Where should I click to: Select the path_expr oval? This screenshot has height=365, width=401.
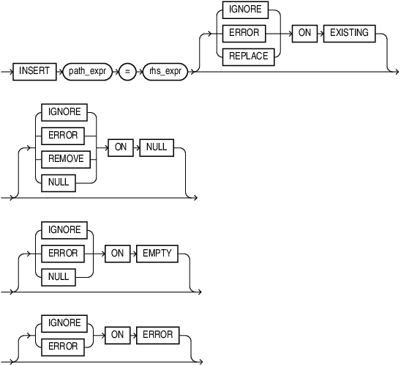[88, 72]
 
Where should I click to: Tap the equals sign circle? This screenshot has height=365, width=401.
[126, 72]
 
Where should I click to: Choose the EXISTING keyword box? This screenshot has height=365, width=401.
[349, 33]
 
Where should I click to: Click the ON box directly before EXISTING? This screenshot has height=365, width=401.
[304, 33]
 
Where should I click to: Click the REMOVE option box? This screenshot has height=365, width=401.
[64, 158]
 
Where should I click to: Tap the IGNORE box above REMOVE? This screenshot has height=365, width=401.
[64, 112]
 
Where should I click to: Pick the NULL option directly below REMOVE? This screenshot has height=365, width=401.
[59, 182]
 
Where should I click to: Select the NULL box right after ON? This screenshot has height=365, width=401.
[157, 147]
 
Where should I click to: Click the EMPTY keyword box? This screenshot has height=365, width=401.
[158, 253]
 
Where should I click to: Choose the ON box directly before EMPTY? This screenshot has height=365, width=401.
[116, 253]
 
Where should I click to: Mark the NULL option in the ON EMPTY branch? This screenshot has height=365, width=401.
[59, 276]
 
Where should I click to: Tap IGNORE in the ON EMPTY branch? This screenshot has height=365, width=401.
[64, 230]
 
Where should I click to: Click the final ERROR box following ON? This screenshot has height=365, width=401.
[158, 334]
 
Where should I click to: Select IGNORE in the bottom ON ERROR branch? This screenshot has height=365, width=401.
[64, 323]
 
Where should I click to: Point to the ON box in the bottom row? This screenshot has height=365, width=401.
[116, 334]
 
